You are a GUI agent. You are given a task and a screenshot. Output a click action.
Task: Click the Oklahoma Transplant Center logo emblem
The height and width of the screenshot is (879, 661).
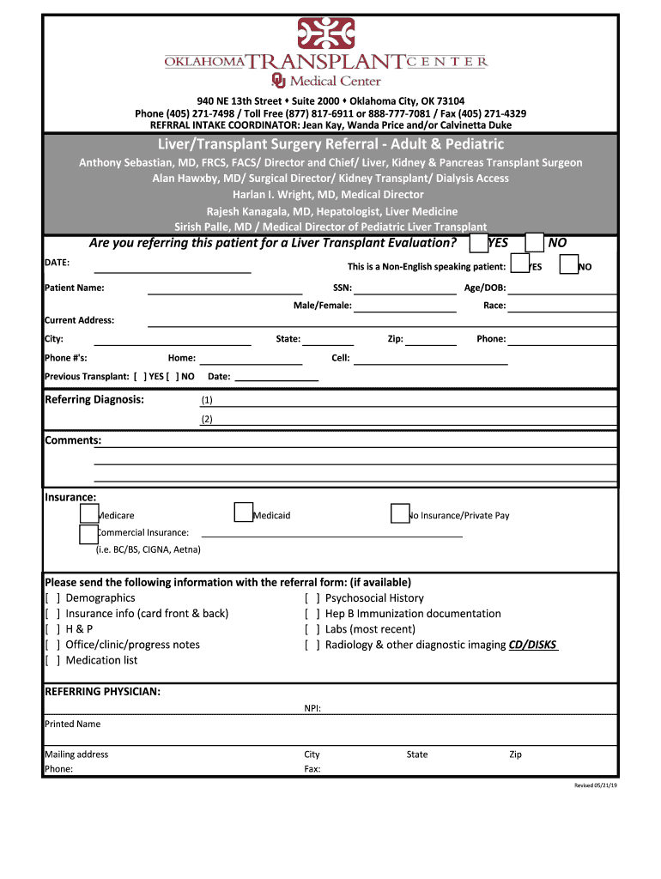325,34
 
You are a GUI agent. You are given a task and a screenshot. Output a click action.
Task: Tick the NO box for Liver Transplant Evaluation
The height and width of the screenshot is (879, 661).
534,243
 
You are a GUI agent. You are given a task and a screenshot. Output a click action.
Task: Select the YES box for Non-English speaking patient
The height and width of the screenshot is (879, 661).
519,265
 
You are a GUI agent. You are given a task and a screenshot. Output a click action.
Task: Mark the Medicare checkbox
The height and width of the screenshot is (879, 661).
88,513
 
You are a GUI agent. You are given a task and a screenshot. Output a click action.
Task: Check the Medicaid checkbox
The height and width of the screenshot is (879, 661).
244,513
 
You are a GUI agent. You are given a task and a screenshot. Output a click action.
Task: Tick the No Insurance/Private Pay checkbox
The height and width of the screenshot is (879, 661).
399,513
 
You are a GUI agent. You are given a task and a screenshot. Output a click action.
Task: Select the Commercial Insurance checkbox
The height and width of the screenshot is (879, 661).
88,534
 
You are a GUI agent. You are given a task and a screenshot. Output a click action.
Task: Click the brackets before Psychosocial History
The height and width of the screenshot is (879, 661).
312,598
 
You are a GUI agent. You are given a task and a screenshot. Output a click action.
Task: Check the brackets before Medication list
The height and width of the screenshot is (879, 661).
52,660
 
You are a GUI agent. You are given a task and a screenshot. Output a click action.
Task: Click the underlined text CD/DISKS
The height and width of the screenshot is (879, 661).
533,645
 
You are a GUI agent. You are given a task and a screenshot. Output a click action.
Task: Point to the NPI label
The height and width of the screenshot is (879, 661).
312,708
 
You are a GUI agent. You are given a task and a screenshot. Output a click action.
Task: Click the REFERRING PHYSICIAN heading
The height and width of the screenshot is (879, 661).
102,691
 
